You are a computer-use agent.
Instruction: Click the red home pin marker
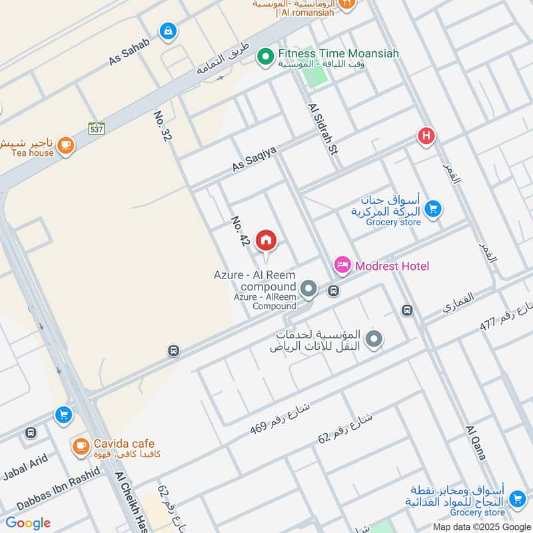pos(266,241)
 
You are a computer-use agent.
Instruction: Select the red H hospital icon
pos(426,137)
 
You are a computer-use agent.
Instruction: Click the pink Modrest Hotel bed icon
pos(342,266)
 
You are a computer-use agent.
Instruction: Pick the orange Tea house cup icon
pos(65,145)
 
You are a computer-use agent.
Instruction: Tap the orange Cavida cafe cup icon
pos(81,446)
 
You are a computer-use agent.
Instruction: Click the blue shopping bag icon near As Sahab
pos(169,31)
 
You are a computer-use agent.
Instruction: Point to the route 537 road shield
pos(97,129)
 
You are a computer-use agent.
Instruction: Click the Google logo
pos(28,523)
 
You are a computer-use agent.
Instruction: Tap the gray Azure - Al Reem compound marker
pos(308,289)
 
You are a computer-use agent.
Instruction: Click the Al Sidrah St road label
pos(323,130)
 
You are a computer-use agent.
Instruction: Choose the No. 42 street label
pos(240,231)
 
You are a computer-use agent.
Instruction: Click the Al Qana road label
pos(476,443)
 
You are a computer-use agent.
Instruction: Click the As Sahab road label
pos(129,51)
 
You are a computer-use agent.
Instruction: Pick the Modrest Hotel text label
pos(392,266)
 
